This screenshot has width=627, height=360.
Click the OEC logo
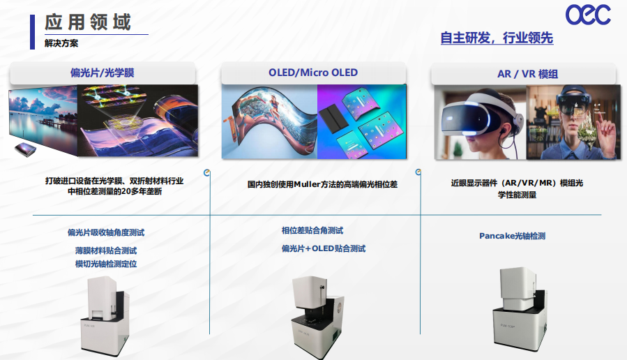588,15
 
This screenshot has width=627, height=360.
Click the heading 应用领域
88,22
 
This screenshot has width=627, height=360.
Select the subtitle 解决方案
61,43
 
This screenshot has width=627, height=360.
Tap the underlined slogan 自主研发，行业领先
497,38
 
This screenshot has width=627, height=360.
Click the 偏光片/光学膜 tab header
103,73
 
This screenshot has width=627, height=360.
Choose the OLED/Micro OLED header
313,73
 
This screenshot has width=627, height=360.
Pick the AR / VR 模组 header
527,74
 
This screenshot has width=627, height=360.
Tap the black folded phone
335,119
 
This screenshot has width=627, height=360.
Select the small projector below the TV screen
25,149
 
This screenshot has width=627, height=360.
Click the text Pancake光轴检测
512,236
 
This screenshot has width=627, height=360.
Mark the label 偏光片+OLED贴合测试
323,248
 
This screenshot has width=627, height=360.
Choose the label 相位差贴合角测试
312,230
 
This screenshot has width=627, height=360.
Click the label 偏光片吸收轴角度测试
106,232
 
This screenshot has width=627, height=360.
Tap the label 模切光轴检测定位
106,264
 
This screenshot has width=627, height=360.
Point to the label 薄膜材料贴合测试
106,250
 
